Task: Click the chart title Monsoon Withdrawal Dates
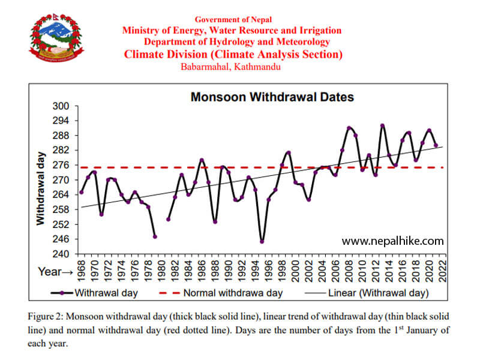(x=272, y=97)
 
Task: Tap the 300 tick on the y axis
(x=62, y=106)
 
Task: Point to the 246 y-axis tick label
(x=62, y=239)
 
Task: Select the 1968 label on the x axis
(x=81, y=270)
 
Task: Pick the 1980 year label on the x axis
(x=161, y=270)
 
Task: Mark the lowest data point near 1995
(x=262, y=241)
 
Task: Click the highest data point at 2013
(x=382, y=125)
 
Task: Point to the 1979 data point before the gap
(x=155, y=236)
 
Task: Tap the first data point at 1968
(x=82, y=192)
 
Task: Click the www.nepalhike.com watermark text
(x=393, y=241)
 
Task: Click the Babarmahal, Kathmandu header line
(x=231, y=67)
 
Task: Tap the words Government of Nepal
(x=232, y=20)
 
